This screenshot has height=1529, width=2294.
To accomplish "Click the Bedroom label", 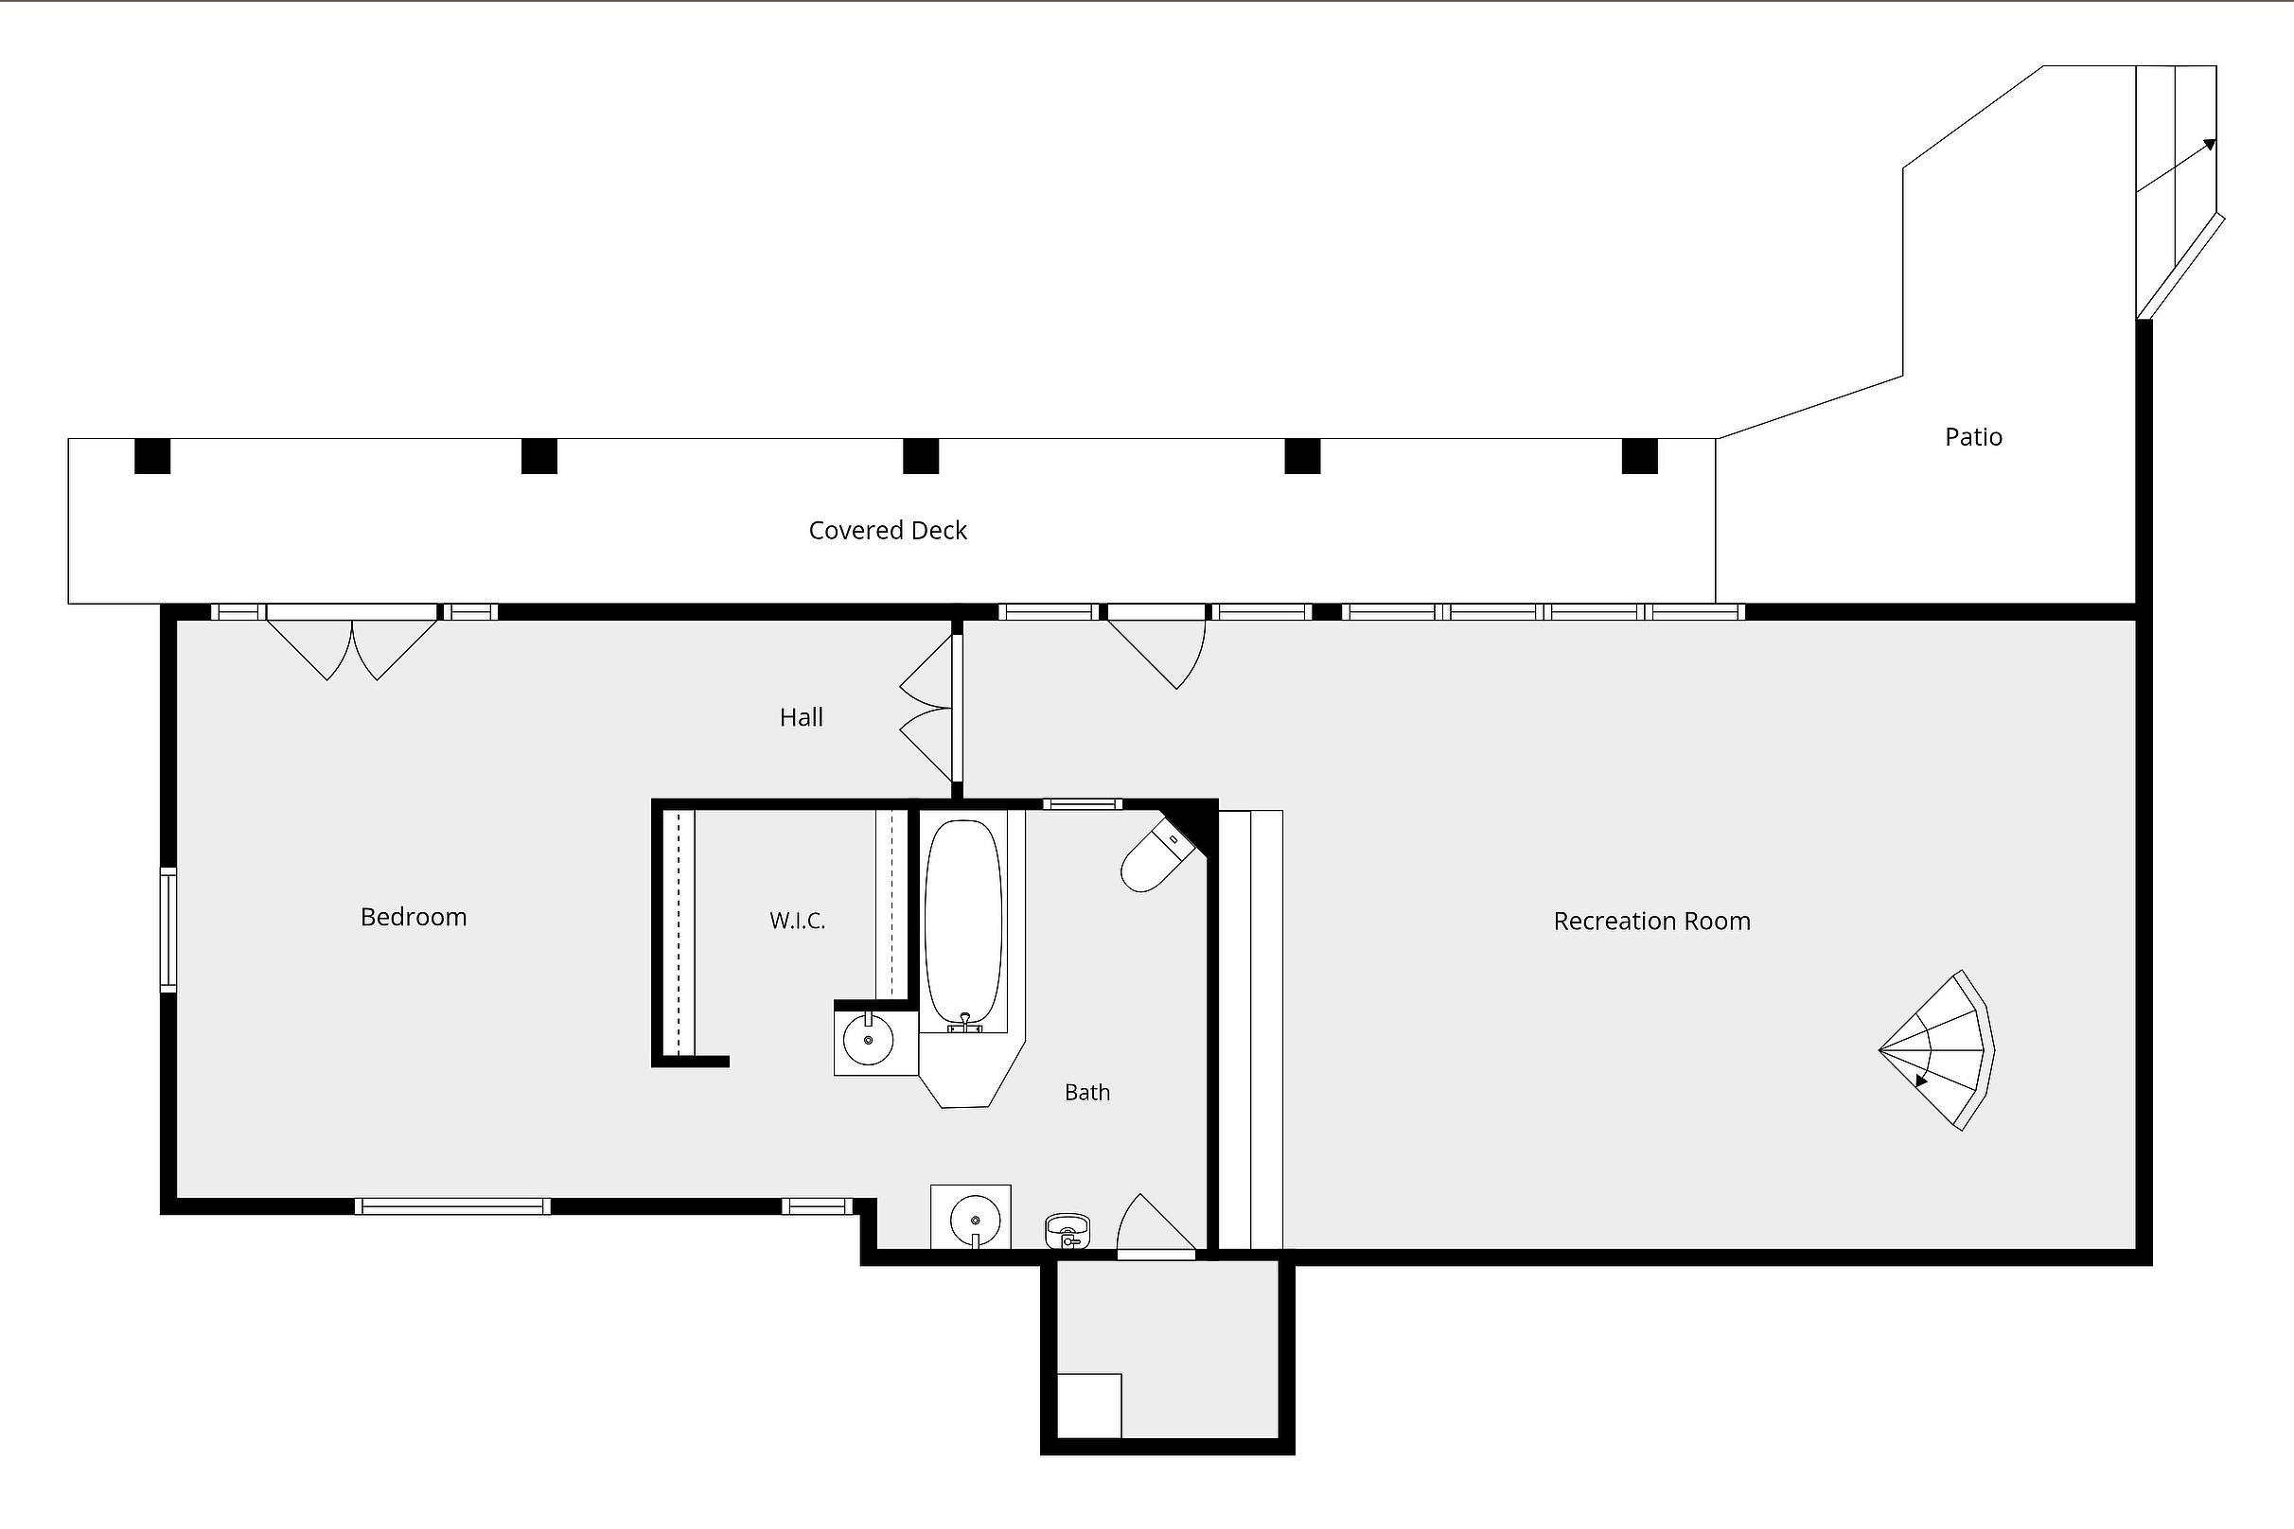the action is click(414, 918).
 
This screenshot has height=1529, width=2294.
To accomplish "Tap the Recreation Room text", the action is click(1652, 922).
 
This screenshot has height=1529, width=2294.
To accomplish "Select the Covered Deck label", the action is click(888, 531).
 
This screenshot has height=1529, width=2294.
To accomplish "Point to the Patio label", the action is click(1973, 437).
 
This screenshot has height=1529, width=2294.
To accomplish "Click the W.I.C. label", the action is click(798, 921).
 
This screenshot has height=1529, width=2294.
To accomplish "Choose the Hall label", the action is click(801, 718).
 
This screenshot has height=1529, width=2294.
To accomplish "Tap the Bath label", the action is click(1086, 1092).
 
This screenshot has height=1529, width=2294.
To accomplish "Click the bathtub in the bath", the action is click(963, 924).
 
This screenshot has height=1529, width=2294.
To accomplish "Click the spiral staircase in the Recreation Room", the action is click(1937, 1050).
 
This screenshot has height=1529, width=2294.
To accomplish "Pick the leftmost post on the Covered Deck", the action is click(152, 456).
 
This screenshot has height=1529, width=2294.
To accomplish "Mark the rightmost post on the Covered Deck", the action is click(1639, 456).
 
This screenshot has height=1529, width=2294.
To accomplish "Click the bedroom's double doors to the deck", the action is click(352, 641).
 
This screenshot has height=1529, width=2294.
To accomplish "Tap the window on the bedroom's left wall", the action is click(168, 930).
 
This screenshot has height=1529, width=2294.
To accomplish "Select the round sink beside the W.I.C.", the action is click(868, 1040).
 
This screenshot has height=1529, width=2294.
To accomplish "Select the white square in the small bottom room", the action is click(1089, 1405).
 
